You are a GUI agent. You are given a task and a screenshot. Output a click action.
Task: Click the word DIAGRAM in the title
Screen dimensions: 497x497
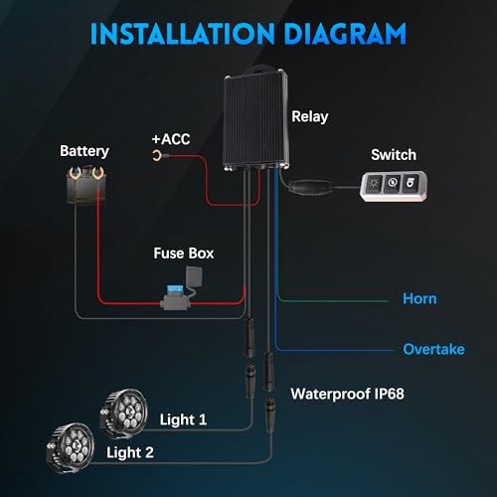point(345,34)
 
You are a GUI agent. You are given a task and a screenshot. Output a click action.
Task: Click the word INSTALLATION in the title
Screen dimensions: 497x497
point(183,34)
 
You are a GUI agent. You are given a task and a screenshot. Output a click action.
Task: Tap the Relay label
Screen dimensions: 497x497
point(310,117)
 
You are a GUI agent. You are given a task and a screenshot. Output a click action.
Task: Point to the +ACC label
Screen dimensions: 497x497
point(171,139)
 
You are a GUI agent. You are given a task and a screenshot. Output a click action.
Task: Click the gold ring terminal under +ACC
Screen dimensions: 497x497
point(157,155)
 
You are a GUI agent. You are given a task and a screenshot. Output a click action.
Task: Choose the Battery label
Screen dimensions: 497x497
point(84,151)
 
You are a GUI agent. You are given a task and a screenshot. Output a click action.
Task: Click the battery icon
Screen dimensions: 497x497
point(86,185)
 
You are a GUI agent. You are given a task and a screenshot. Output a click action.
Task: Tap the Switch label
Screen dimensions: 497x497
point(394,155)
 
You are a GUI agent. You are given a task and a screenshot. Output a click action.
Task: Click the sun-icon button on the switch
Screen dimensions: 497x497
point(374,184)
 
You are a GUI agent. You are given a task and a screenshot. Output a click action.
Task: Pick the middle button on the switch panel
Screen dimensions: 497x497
point(393,183)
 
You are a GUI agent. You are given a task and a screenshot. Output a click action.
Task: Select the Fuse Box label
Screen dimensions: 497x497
point(184,253)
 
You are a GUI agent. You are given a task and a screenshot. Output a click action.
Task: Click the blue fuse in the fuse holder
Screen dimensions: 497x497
point(174,289)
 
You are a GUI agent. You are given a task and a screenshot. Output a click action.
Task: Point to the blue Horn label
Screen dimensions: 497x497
point(419,299)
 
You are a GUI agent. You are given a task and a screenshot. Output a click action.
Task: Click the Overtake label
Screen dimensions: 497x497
point(433,349)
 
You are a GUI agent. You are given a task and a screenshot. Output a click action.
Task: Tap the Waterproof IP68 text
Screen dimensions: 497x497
point(347,394)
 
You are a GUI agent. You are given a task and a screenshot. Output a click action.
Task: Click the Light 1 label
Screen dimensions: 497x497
point(183,419)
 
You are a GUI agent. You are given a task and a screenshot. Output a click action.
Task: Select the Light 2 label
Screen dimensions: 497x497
point(130,452)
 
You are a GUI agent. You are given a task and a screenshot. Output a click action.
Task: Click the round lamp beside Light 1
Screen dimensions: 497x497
point(123,414)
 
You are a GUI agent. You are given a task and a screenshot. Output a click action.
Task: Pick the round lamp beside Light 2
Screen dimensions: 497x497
point(71,447)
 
